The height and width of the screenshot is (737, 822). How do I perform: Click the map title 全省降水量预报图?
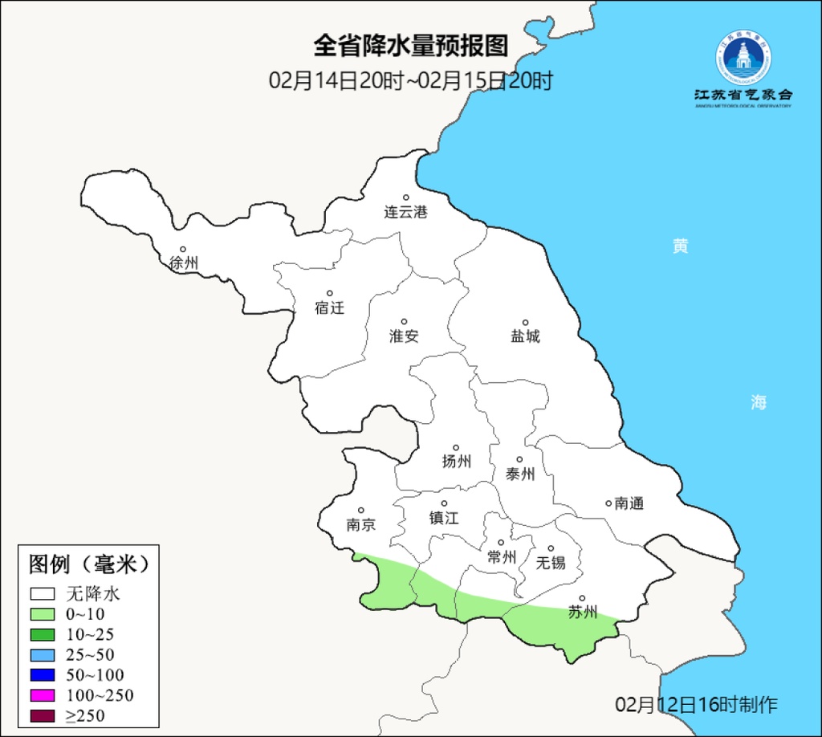pyautogui.click(x=411, y=46)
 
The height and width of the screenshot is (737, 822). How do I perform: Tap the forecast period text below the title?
pyautogui.click(x=411, y=80)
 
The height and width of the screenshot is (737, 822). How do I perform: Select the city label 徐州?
pyautogui.click(x=184, y=263)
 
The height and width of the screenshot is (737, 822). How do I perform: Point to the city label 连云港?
pyautogui.click(x=405, y=212)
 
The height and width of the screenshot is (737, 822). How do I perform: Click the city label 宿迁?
pyautogui.click(x=329, y=307)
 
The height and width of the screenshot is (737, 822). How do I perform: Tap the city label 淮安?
pyautogui.click(x=404, y=336)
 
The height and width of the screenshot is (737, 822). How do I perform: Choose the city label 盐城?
pyautogui.click(x=526, y=336)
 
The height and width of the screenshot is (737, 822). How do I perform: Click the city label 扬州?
pyautogui.click(x=456, y=461)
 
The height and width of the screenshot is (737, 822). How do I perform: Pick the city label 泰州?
pyautogui.click(x=520, y=474)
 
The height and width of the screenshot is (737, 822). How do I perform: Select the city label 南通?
pyautogui.click(x=629, y=504)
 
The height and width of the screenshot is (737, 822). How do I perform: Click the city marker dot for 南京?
pyautogui.click(x=361, y=511)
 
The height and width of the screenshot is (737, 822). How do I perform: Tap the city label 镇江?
pyautogui.click(x=444, y=518)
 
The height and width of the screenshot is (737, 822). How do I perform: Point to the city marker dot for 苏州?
pyautogui.click(x=582, y=598)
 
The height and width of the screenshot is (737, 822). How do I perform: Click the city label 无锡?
pyautogui.click(x=551, y=562)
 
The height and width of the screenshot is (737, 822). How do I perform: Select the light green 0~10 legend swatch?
pyautogui.click(x=43, y=614)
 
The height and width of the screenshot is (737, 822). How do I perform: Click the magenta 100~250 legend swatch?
pyautogui.click(x=43, y=694)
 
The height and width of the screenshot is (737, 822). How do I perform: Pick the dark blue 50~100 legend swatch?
pyautogui.click(x=43, y=674)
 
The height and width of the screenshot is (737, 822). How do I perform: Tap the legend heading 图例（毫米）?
pyautogui.click(x=89, y=564)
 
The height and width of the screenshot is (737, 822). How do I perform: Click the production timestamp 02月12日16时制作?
pyautogui.click(x=696, y=705)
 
